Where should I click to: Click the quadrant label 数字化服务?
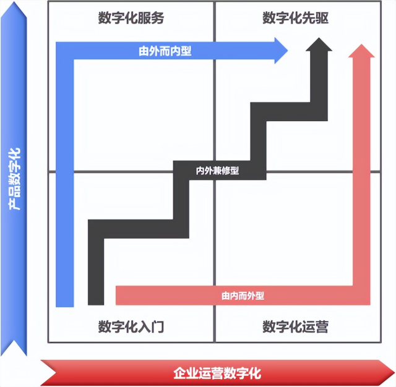131,18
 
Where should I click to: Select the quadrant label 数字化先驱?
296,18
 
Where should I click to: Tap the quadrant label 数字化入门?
131,326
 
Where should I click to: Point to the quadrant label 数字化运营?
296,326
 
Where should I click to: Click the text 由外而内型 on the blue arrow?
165,51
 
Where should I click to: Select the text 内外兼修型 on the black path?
217,171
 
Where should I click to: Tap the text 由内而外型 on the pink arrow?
243,296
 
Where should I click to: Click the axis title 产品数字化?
14,179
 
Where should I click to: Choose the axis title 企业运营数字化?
217,373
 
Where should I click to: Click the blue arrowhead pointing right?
281,51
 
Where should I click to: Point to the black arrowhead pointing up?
319,45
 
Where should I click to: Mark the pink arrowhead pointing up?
361,51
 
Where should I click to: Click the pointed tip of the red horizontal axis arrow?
395,373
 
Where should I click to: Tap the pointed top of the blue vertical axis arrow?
14,1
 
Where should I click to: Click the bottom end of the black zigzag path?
96,305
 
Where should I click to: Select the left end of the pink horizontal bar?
116,296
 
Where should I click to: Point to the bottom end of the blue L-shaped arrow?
64,307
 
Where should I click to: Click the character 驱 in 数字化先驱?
322,18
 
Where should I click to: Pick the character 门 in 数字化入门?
158,326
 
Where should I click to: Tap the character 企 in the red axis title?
179,373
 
